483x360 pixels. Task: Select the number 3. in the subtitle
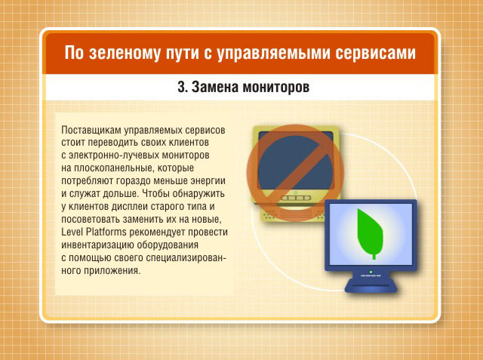183,87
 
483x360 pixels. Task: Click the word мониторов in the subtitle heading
275,87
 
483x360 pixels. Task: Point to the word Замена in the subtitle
215,87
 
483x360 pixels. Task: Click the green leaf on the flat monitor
370,233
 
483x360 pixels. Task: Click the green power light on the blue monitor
371,272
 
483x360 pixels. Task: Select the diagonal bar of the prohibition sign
295,173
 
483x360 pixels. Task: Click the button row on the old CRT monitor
295,198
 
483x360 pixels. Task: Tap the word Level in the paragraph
72,232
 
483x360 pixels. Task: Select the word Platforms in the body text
106,232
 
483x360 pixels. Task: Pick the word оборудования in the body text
168,245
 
